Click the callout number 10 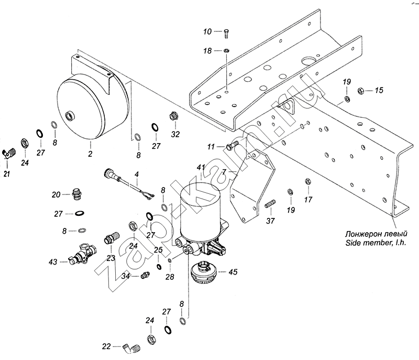pyautogui.click(x=208, y=32)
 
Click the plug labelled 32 pyautogui.click(x=171, y=116)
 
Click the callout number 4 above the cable pyautogui.click(x=137, y=173)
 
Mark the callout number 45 pyautogui.click(x=233, y=271)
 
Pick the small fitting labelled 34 pyautogui.click(x=144, y=276)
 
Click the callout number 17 pyautogui.click(x=308, y=200)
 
